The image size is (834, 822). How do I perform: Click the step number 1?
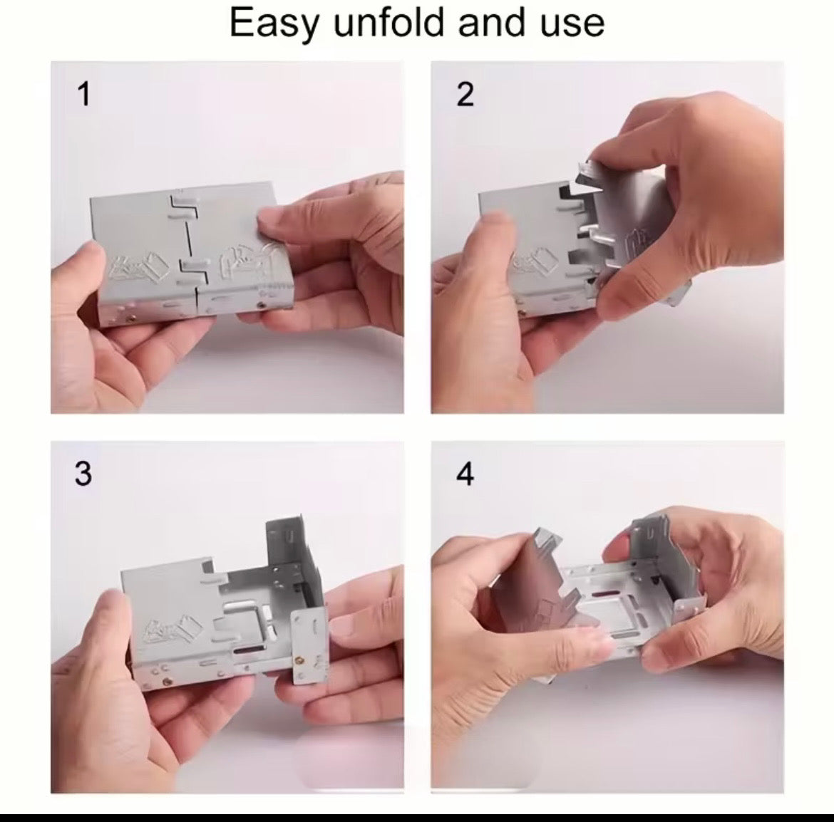point(84,94)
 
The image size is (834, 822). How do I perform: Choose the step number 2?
point(465,94)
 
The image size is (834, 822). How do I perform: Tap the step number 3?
point(83,473)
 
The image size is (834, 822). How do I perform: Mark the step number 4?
point(465,473)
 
